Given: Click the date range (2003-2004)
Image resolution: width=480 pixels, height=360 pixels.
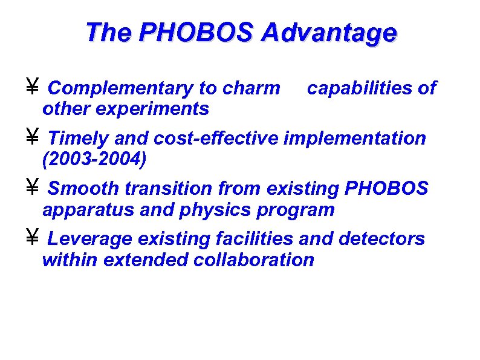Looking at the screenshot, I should (94, 159).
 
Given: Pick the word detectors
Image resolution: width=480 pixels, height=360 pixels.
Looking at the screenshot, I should (382, 239).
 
